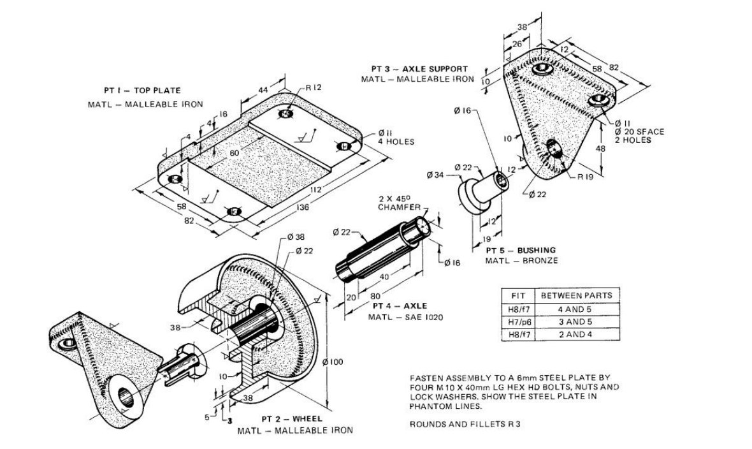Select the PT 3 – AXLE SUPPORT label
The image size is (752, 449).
[x=420, y=69]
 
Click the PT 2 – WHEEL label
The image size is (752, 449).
[x=292, y=419]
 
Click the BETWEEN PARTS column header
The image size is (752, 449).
[x=576, y=295]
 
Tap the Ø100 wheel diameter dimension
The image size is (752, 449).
[x=333, y=362]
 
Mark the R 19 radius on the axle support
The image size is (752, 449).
[x=585, y=178]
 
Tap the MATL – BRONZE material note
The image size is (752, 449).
[x=521, y=261]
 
